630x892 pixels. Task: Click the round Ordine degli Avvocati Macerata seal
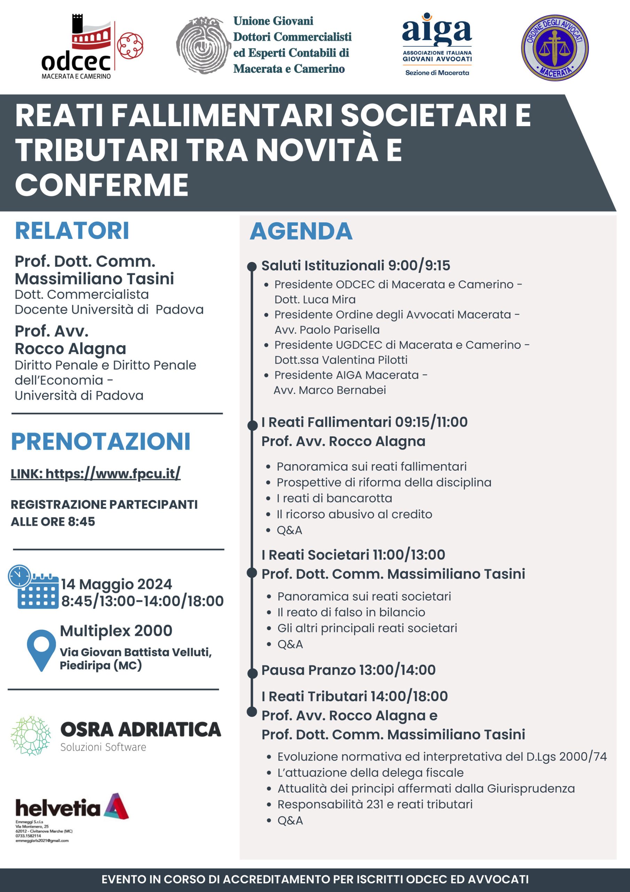554,48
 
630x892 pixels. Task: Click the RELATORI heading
72,231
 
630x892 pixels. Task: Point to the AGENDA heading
301,232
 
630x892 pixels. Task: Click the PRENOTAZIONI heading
101,441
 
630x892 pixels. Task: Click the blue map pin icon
41,649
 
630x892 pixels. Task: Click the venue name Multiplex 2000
116,631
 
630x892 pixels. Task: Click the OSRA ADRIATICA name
141,729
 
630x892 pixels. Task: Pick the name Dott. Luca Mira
315,300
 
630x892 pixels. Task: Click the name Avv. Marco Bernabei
330,390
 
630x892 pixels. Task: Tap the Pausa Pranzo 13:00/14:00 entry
348,670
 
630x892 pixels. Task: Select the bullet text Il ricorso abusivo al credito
354,514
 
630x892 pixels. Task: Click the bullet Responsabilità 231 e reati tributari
375,804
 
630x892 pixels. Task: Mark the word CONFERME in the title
102,185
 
